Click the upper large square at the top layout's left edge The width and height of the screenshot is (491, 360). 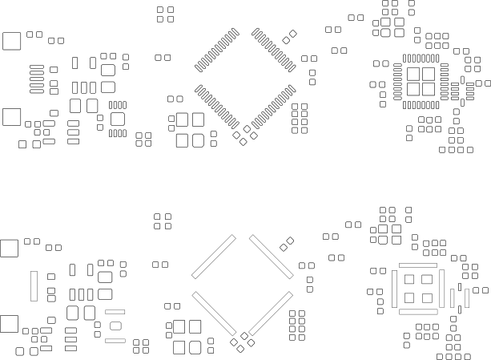12,41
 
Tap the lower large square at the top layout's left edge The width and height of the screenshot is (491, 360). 12,117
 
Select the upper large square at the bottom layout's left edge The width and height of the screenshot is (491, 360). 9,248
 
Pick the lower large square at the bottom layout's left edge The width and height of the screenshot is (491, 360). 9,324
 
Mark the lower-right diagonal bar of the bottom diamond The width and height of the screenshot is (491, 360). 271,313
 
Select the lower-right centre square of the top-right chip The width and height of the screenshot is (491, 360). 427,89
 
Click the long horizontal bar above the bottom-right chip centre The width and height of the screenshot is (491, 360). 418,265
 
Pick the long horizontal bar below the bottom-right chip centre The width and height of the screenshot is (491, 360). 418,311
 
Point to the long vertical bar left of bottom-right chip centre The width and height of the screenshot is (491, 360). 395,288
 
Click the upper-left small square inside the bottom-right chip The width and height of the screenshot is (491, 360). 408,280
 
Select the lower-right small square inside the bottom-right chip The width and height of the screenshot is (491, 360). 427,297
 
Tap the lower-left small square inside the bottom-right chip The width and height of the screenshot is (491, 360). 408,297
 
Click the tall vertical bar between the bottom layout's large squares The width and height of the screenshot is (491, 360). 34,285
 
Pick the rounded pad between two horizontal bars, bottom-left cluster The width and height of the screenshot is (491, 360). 115,326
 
